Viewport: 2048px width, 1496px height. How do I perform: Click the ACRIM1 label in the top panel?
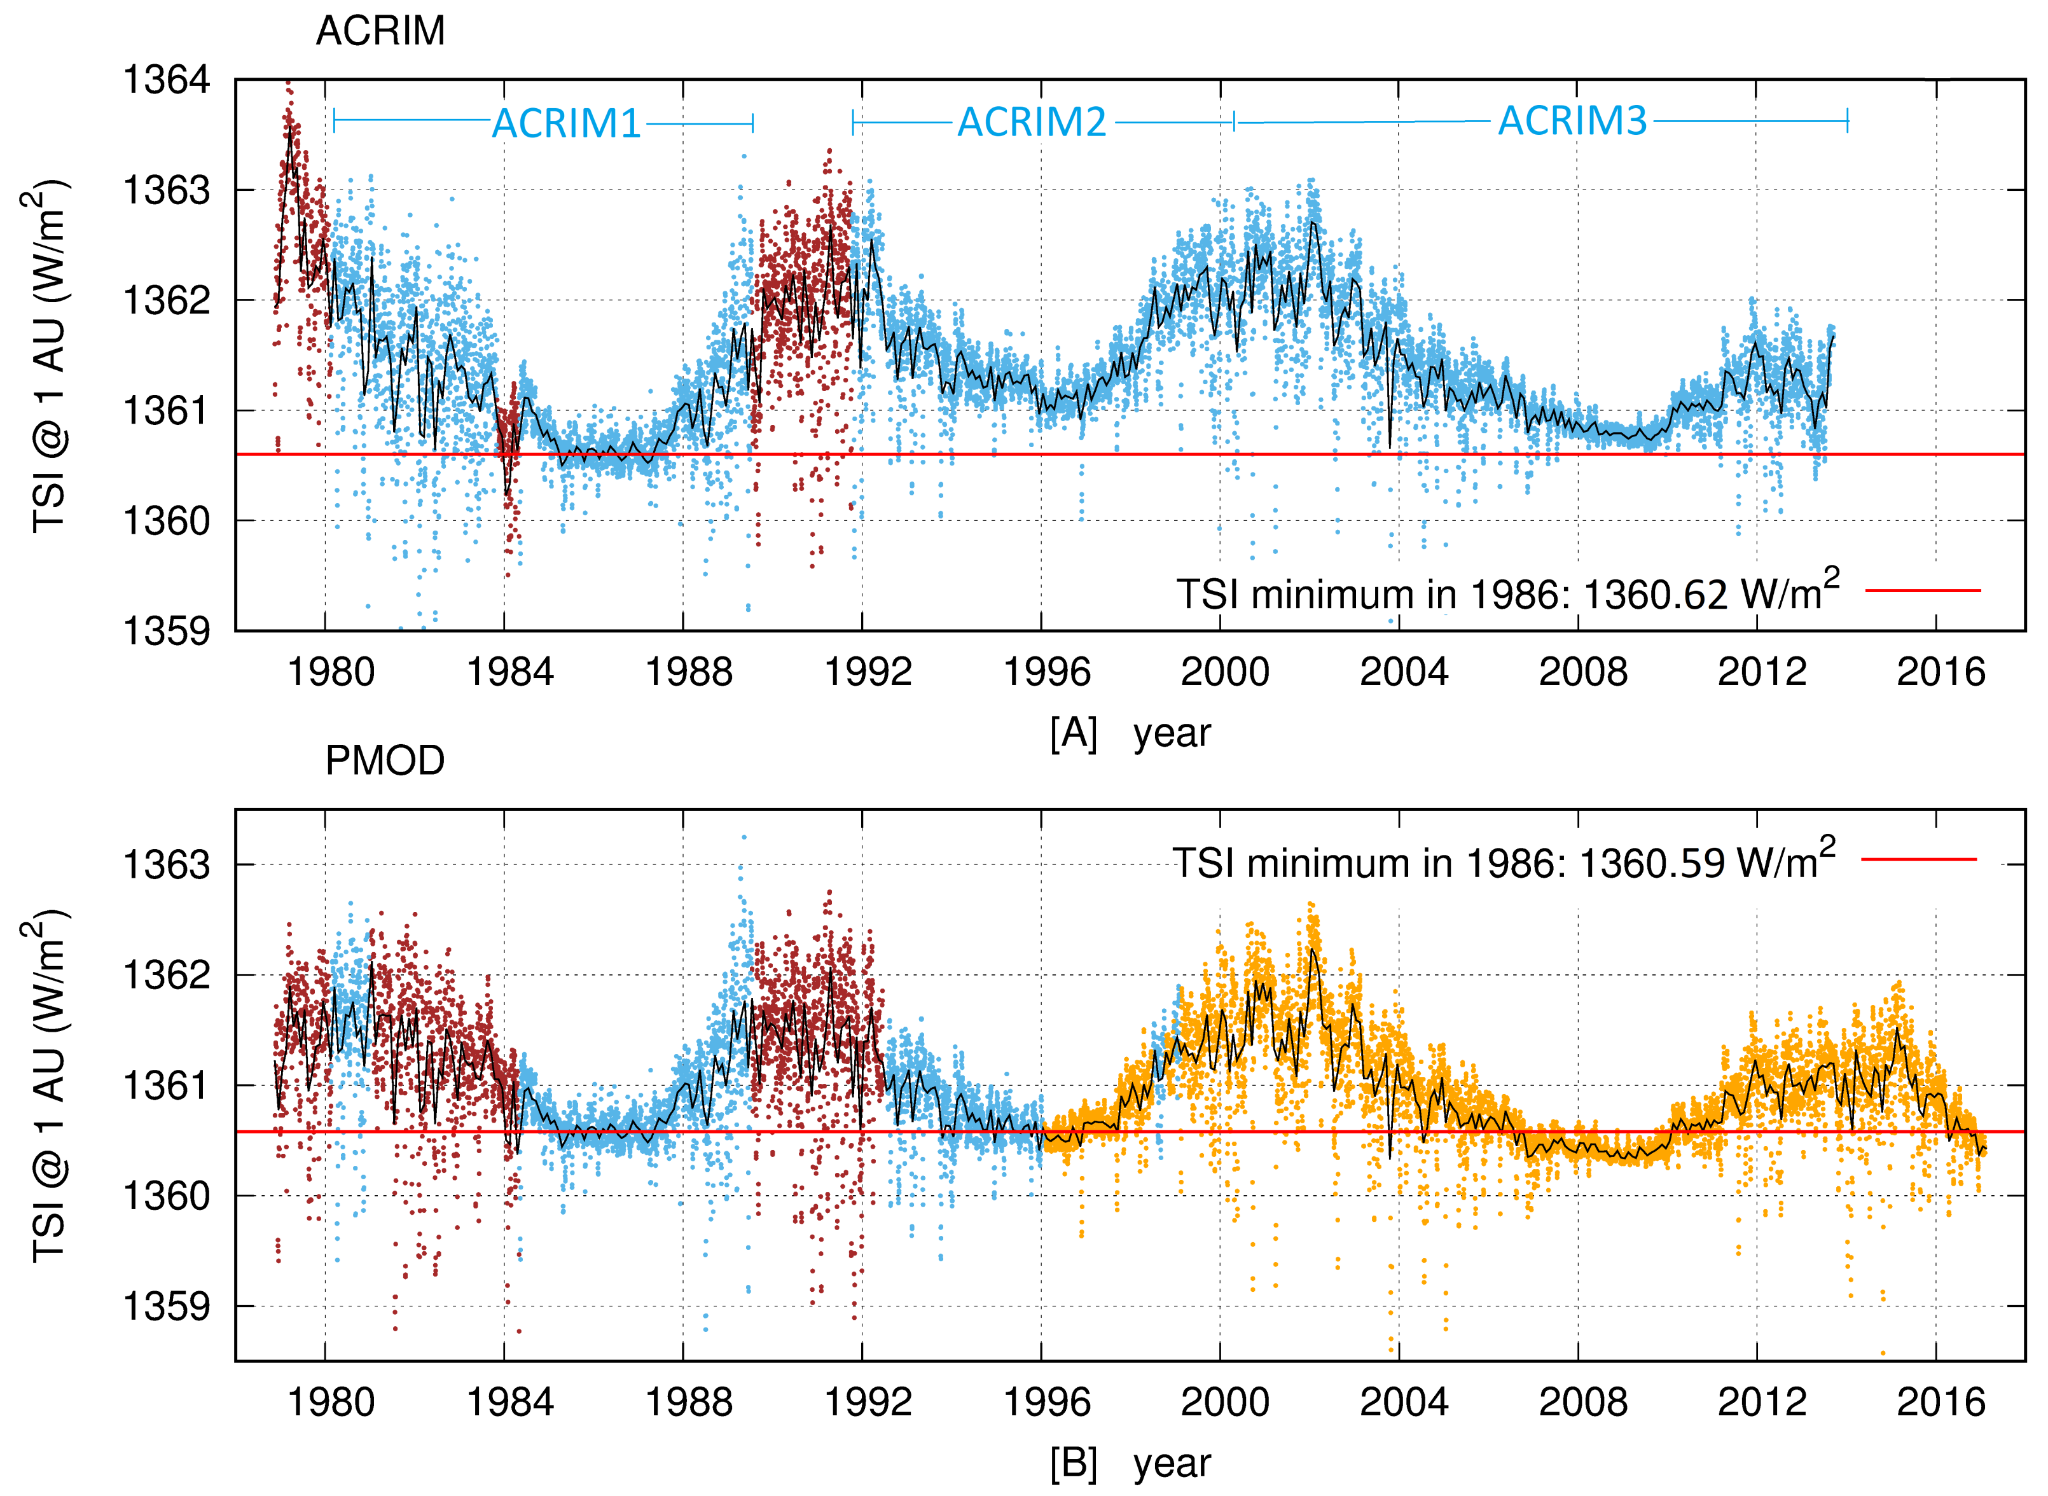566,124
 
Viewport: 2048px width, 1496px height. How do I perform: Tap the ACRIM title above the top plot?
380,32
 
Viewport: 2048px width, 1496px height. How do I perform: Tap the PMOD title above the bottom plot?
385,761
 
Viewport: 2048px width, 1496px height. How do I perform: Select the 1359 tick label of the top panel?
166,631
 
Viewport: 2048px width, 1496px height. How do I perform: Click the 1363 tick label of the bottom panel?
166,865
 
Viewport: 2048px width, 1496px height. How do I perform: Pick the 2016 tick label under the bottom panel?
1941,1402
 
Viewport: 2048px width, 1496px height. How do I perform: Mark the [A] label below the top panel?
1073,733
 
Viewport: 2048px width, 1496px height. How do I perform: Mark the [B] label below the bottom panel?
1073,1464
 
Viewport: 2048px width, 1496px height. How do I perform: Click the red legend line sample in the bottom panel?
1918,859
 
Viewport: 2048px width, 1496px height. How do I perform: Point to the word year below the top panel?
1172,733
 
